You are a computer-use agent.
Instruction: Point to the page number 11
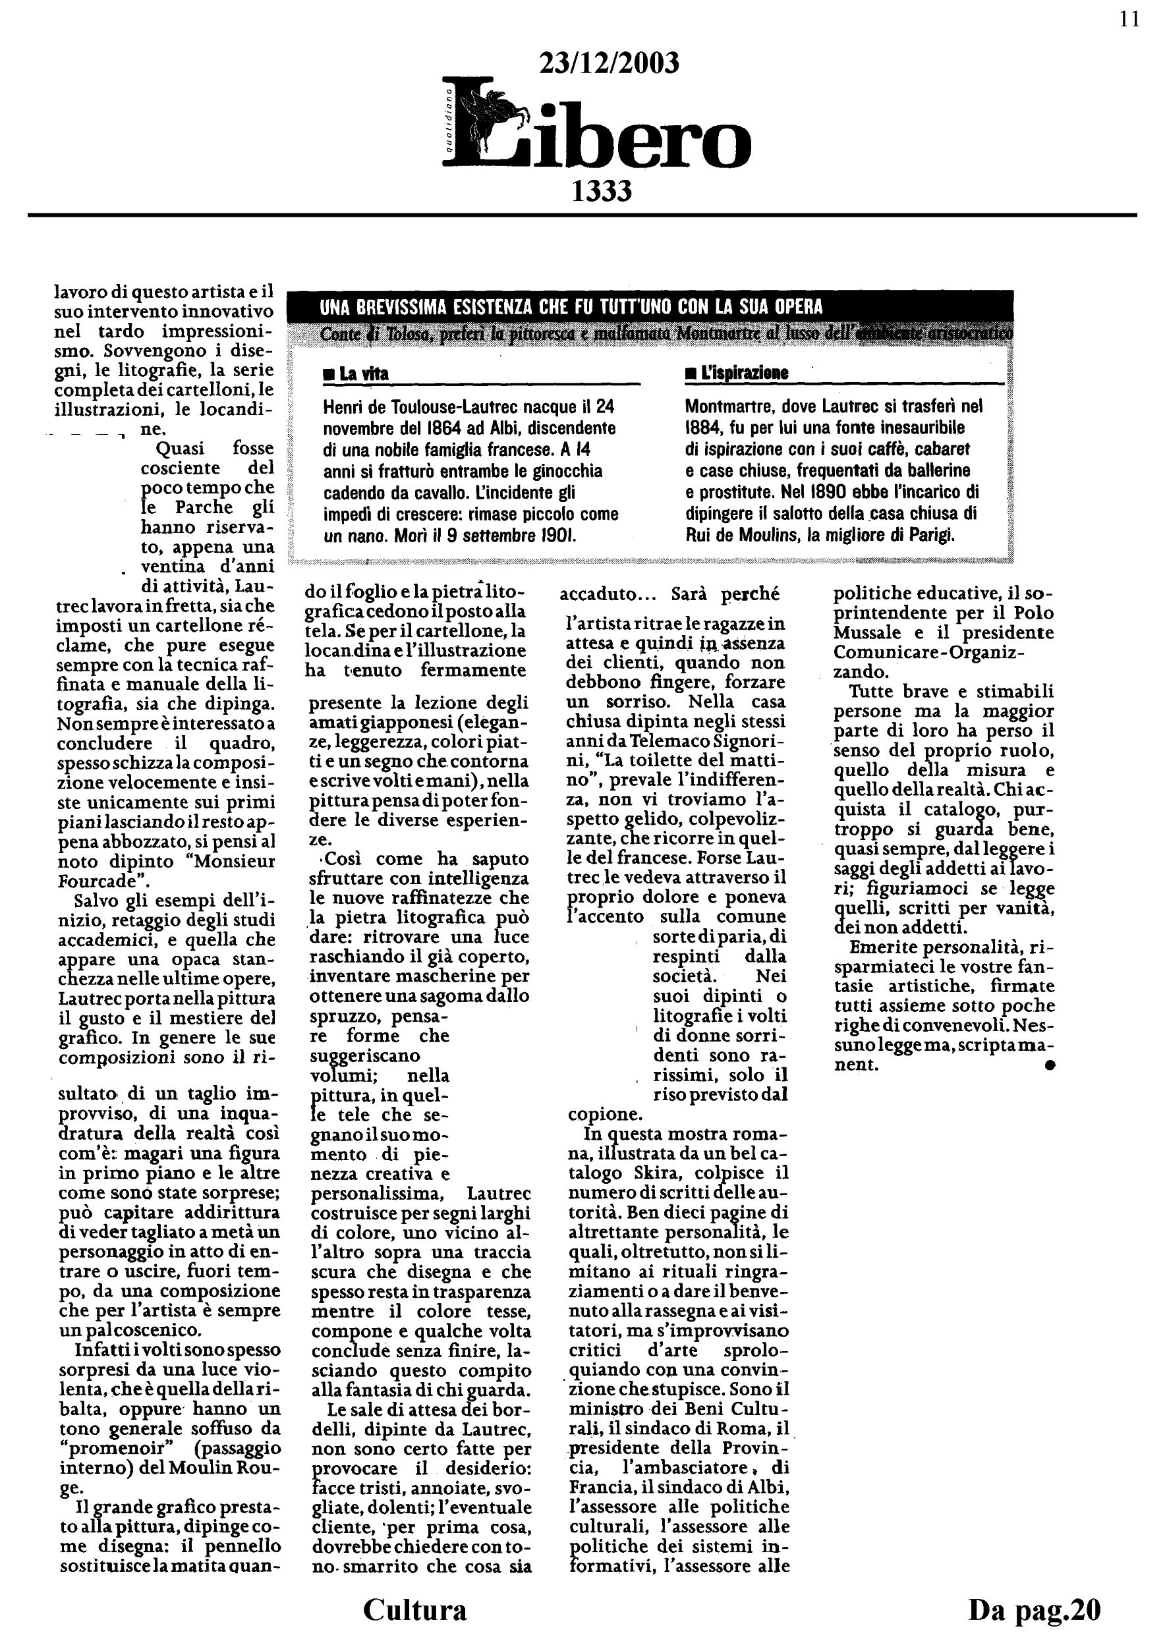pyautogui.click(x=1129, y=20)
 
